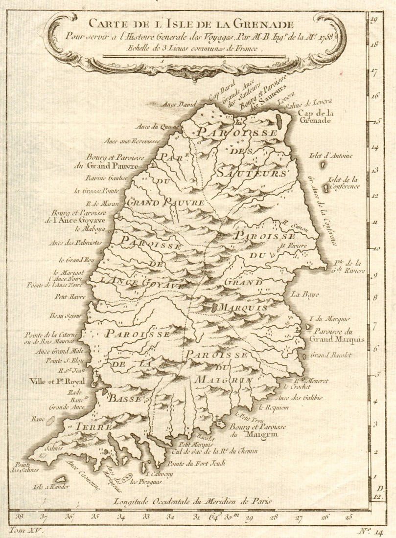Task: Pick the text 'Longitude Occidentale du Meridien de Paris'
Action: (x=191, y=501)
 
